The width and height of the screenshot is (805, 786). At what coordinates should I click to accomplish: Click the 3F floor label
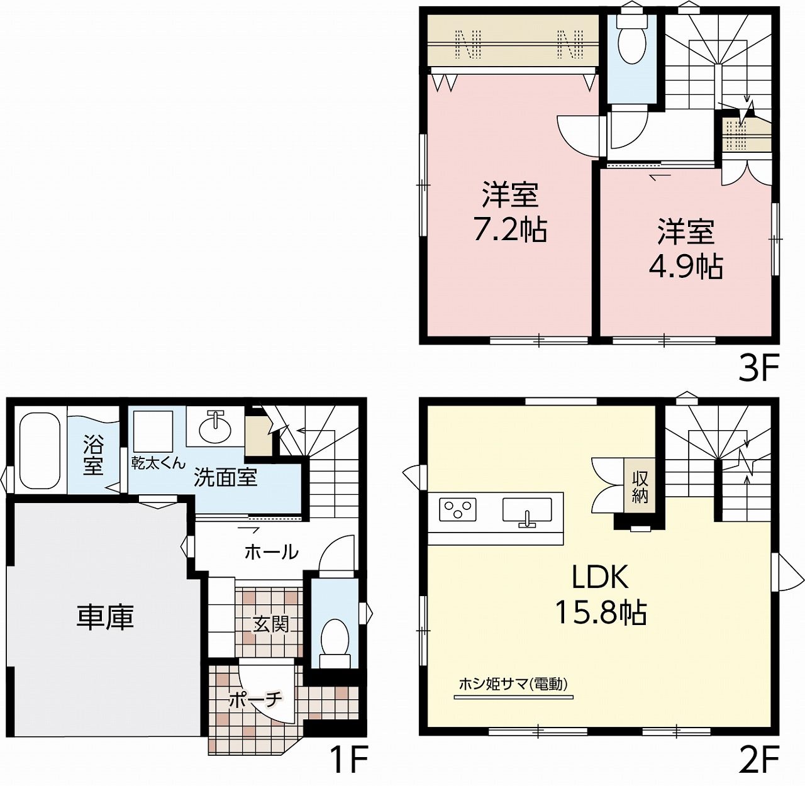pos(758,367)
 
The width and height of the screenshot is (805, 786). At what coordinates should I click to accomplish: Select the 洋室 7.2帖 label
pos(509,212)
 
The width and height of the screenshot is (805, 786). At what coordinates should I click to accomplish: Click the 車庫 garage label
pos(105,617)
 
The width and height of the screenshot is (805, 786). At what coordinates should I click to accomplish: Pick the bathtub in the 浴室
pos(40,450)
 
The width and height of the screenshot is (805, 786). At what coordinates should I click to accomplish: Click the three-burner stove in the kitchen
pos(457,509)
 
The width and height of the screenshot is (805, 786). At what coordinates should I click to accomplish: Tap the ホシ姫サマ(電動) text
pos(513,684)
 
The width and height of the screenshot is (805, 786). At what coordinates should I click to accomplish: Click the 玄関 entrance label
pos(271,624)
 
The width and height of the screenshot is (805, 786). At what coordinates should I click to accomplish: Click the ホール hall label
pos(271,552)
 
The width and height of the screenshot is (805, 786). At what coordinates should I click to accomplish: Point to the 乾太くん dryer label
pos(158,463)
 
